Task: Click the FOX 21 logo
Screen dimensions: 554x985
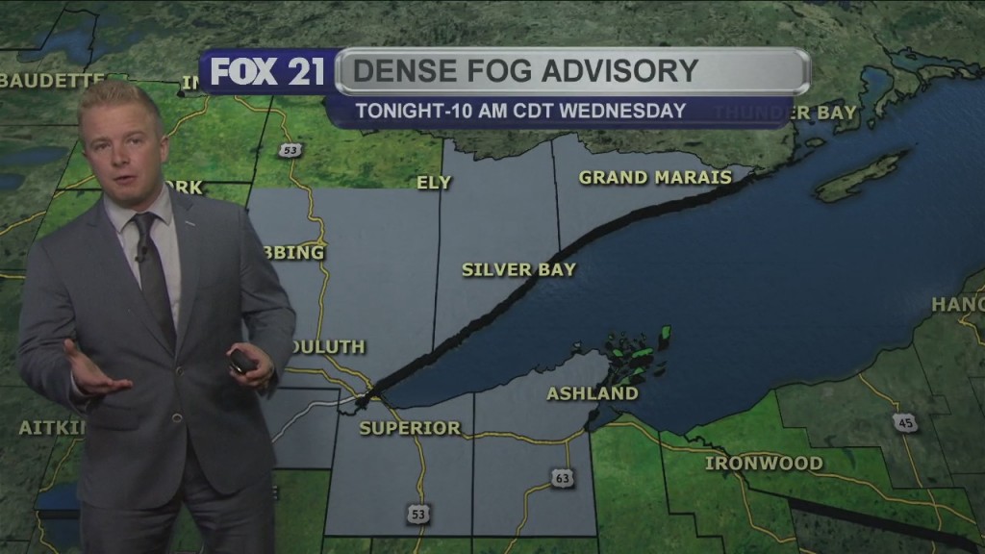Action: (267, 73)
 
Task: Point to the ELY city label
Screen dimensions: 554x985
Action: (434, 183)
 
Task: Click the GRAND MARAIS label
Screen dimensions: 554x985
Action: (655, 178)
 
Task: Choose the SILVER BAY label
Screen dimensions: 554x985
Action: (518, 270)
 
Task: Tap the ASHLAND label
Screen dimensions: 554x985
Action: (593, 393)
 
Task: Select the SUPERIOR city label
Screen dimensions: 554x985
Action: (410, 428)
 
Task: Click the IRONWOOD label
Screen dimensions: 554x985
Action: (764, 464)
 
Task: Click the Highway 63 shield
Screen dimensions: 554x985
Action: (563, 478)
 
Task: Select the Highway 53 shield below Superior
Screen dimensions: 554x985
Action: (417, 516)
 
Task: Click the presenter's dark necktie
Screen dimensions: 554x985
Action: (153, 279)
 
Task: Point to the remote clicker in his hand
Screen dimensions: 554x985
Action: (240, 362)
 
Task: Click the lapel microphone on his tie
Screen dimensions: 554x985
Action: (141, 256)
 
